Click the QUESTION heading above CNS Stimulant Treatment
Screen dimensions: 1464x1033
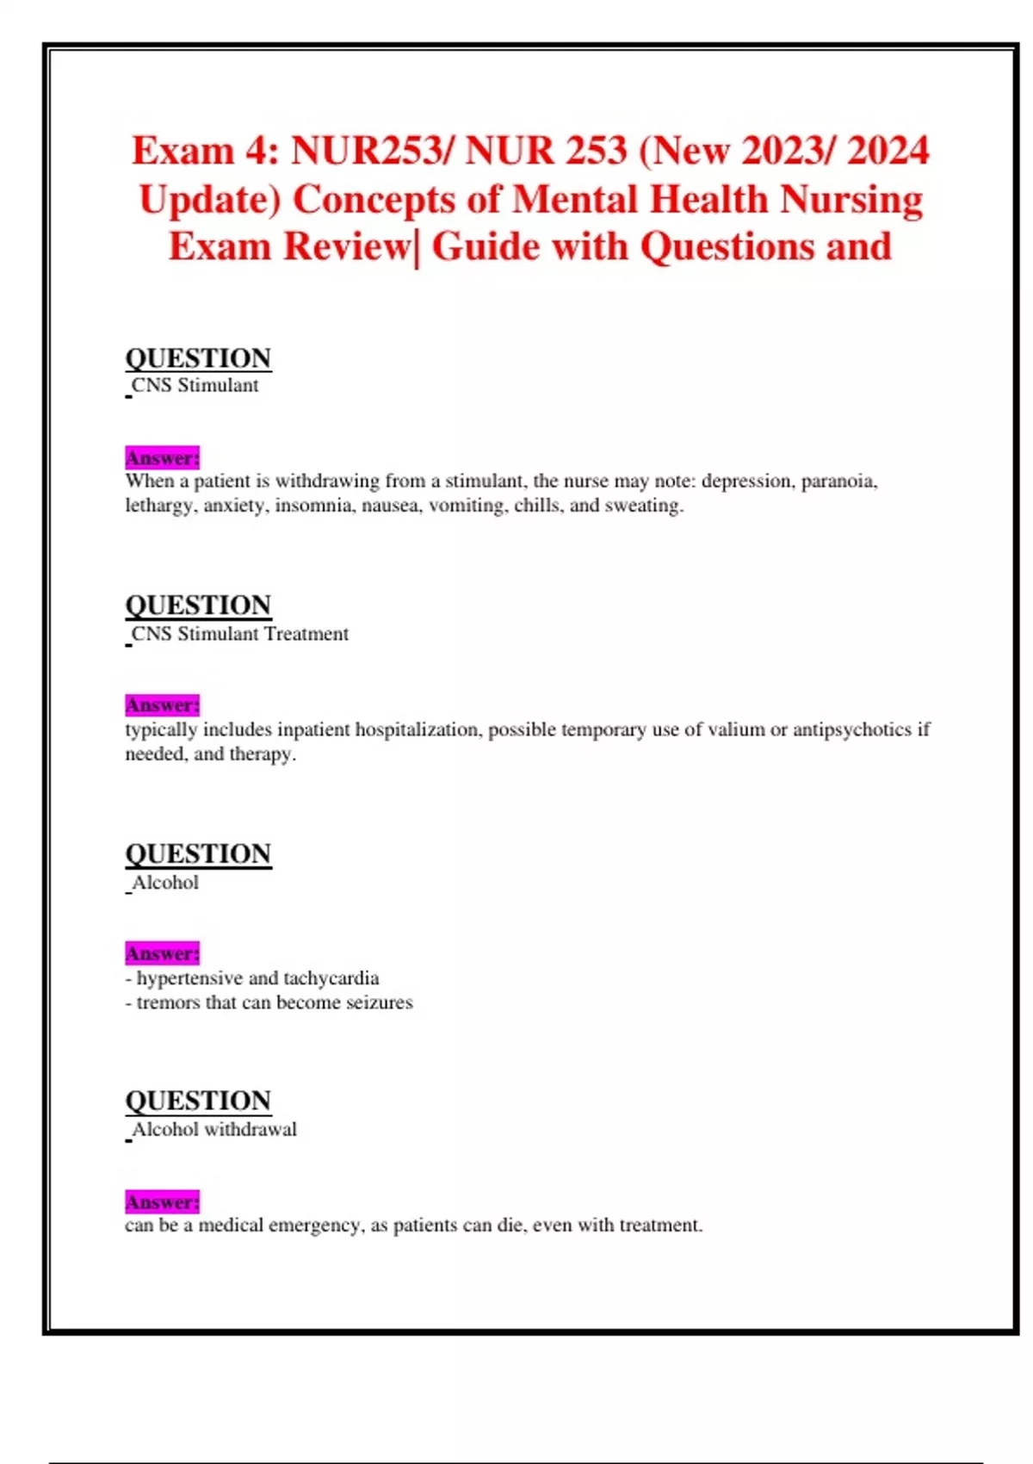point(198,605)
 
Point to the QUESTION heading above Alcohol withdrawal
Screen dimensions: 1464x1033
point(198,1101)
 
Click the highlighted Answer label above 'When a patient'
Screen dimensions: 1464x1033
point(162,457)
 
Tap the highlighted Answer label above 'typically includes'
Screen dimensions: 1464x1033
point(162,705)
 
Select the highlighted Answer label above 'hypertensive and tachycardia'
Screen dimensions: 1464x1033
point(162,953)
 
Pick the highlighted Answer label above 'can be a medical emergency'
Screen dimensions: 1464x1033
point(162,1201)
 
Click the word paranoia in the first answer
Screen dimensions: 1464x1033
point(838,481)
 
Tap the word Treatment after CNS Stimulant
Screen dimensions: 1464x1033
point(306,634)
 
